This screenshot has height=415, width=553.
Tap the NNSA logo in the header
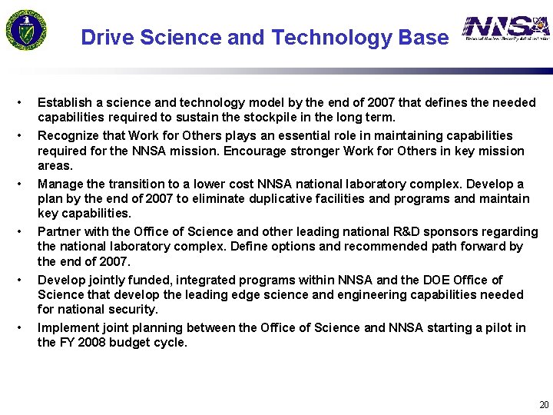[x=506, y=29]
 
